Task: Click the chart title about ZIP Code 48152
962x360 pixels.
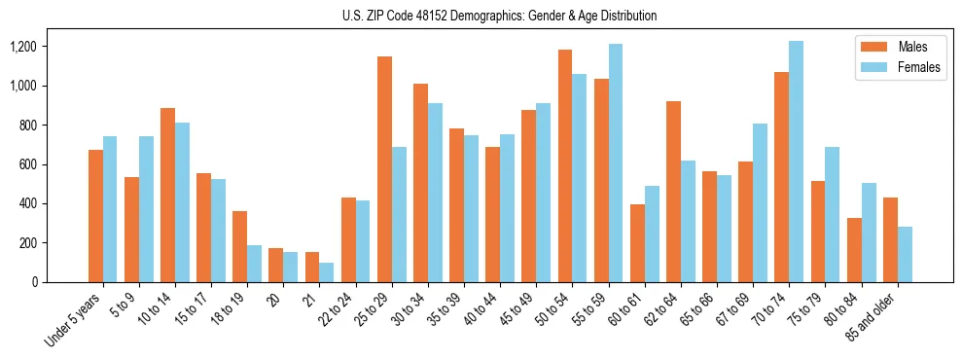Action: tap(499, 16)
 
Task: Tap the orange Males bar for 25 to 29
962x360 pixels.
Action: tap(384, 169)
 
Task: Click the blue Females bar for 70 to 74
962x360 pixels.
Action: tap(796, 162)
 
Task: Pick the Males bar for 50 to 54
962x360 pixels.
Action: tap(565, 165)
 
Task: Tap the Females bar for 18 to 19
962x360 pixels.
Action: tap(255, 264)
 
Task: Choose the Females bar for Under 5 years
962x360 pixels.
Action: tap(110, 209)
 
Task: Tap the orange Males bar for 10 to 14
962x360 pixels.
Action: tap(167, 195)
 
